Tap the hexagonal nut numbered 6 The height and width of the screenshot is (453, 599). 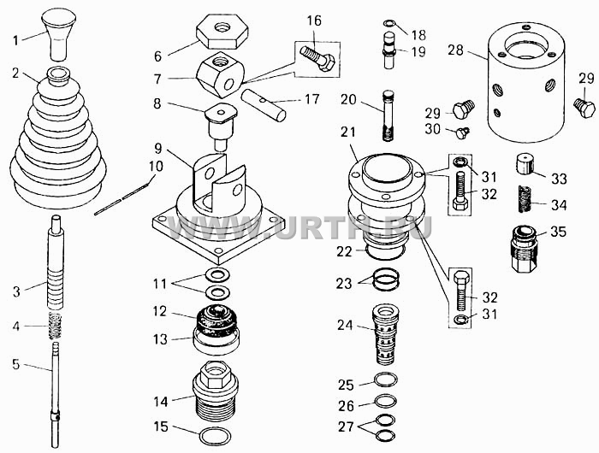pyautogui.click(x=222, y=32)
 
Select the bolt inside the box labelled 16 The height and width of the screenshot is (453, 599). pyautogui.click(x=317, y=57)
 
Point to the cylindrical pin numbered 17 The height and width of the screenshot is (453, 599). pyautogui.click(x=264, y=105)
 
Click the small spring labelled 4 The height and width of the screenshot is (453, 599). pyautogui.click(x=56, y=325)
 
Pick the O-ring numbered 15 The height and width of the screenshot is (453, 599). pyautogui.click(x=216, y=437)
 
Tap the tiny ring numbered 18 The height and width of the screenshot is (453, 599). pyautogui.click(x=388, y=24)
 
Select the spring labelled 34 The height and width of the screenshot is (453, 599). pyautogui.click(x=524, y=199)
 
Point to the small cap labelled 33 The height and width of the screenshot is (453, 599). pyautogui.click(x=525, y=164)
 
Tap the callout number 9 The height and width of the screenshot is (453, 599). pyautogui.click(x=158, y=148)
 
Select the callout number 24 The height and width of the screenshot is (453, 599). pyautogui.click(x=345, y=325)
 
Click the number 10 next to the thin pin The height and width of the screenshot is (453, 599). pyautogui.click(x=156, y=167)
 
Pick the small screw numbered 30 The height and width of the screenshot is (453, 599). pyautogui.click(x=462, y=132)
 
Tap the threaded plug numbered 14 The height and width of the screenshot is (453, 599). pyautogui.click(x=216, y=390)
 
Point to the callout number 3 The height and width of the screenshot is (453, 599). pyautogui.click(x=16, y=292)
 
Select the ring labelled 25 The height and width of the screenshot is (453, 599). pyautogui.click(x=385, y=379)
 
